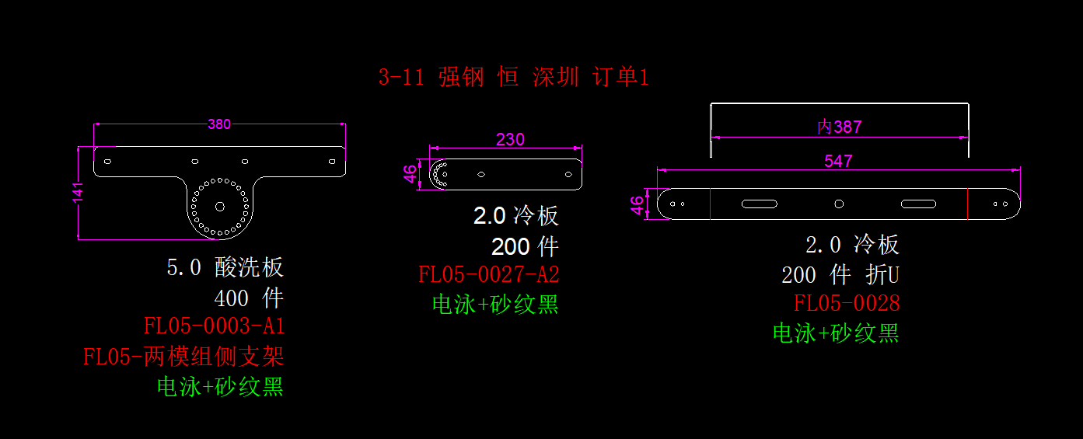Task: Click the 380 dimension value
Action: (219, 124)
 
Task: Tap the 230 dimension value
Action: (510, 140)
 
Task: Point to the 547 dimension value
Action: (838, 162)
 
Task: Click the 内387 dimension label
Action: (840, 127)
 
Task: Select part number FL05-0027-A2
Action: (488, 275)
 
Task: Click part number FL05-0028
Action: (846, 303)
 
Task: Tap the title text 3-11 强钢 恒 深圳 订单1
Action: (513, 77)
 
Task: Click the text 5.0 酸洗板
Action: (225, 268)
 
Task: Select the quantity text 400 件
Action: (249, 298)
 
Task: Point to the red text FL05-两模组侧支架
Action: (183, 357)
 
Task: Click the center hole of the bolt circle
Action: (220, 206)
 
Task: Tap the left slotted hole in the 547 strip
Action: (760, 204)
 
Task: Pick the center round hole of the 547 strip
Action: (839, 204)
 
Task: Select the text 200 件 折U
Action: (840, 274)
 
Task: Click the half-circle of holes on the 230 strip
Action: (439, 175)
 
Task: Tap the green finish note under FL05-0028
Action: (836, 333)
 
